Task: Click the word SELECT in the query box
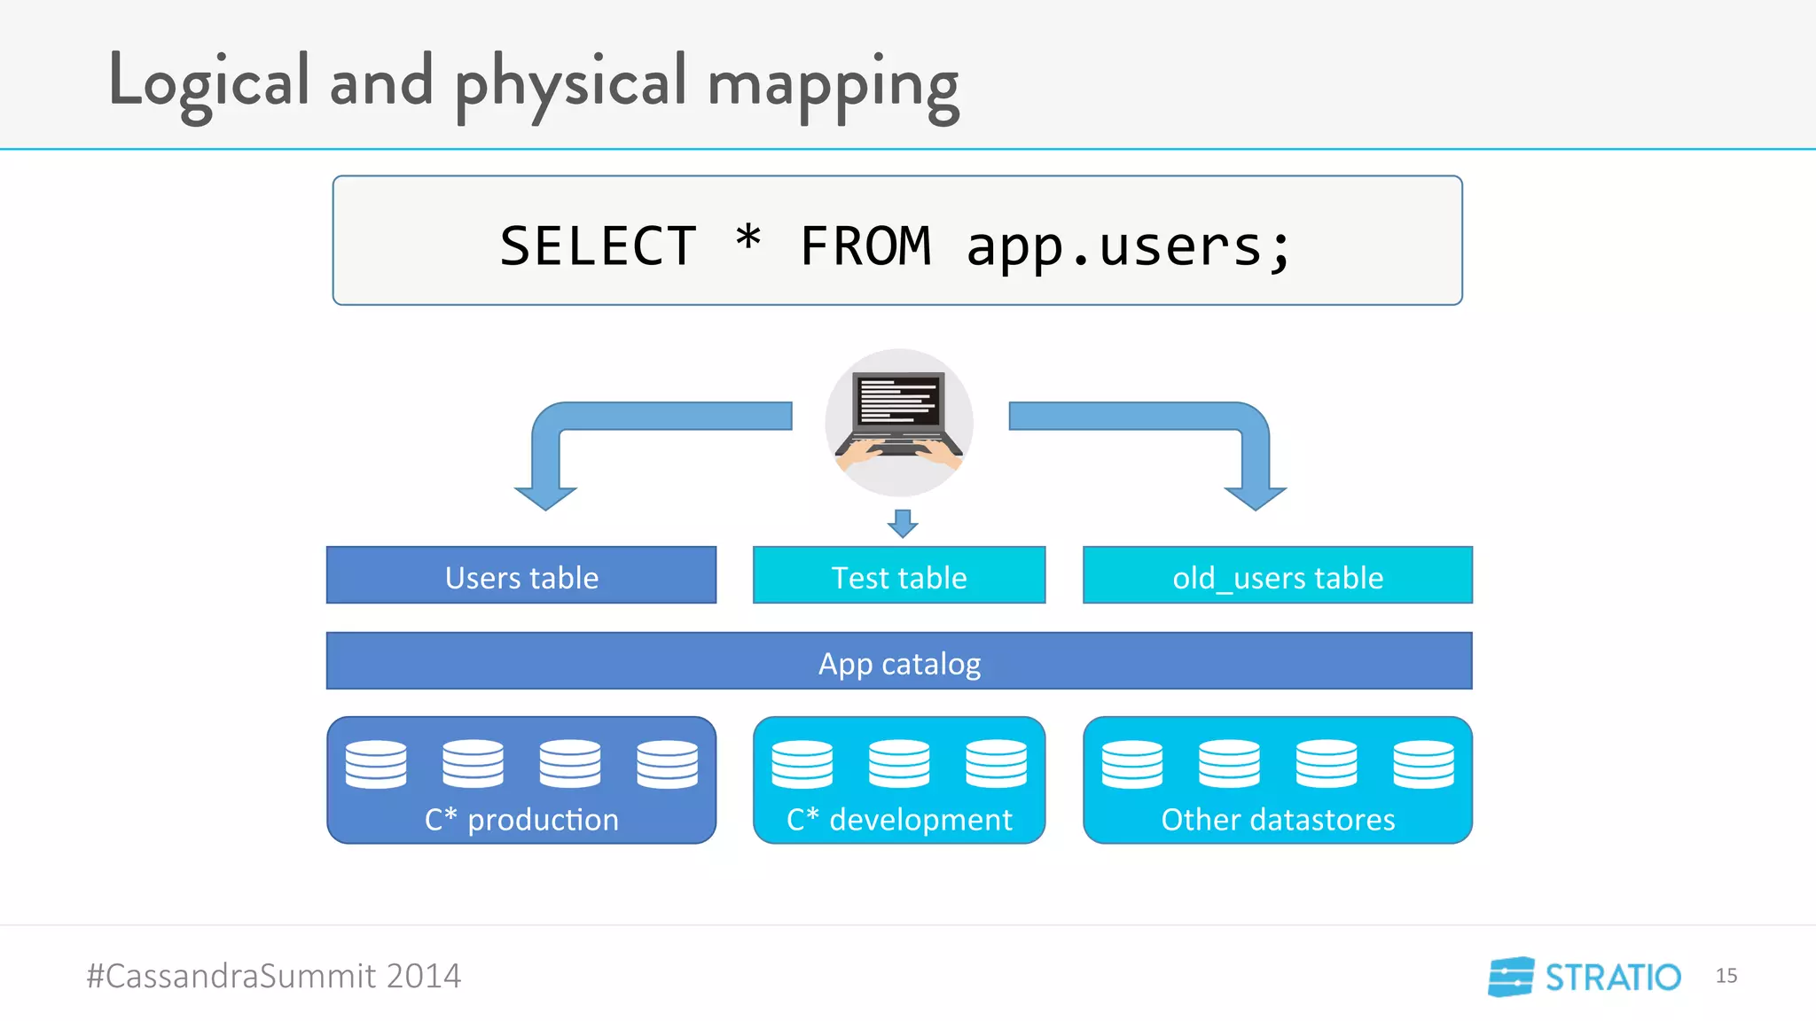(x=599, y=246)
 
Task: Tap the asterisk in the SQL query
(x=748, y=239)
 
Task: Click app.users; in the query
(x=1128, y=246)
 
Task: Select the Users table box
(x=521, y=576)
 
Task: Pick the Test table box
(x=899, y=576)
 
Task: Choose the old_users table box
(x=1277, y=576)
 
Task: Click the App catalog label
(x=899, y=663)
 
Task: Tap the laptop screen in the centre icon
(x=899, y=401)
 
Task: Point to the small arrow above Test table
(x=903, y=524)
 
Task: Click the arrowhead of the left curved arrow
(x=545, y=498)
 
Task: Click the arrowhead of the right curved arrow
(x=1255, y=498)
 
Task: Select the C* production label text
(x=521, y=820)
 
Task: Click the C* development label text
(x=899, y=820)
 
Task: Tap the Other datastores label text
(x=1278, y=820)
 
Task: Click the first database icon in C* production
(x=376, y=764)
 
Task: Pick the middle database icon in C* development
(x=899, y=764)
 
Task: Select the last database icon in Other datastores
(x=1423, y=764)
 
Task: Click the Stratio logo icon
(x=1511, y=977)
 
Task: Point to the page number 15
(x=1726, y=976)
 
